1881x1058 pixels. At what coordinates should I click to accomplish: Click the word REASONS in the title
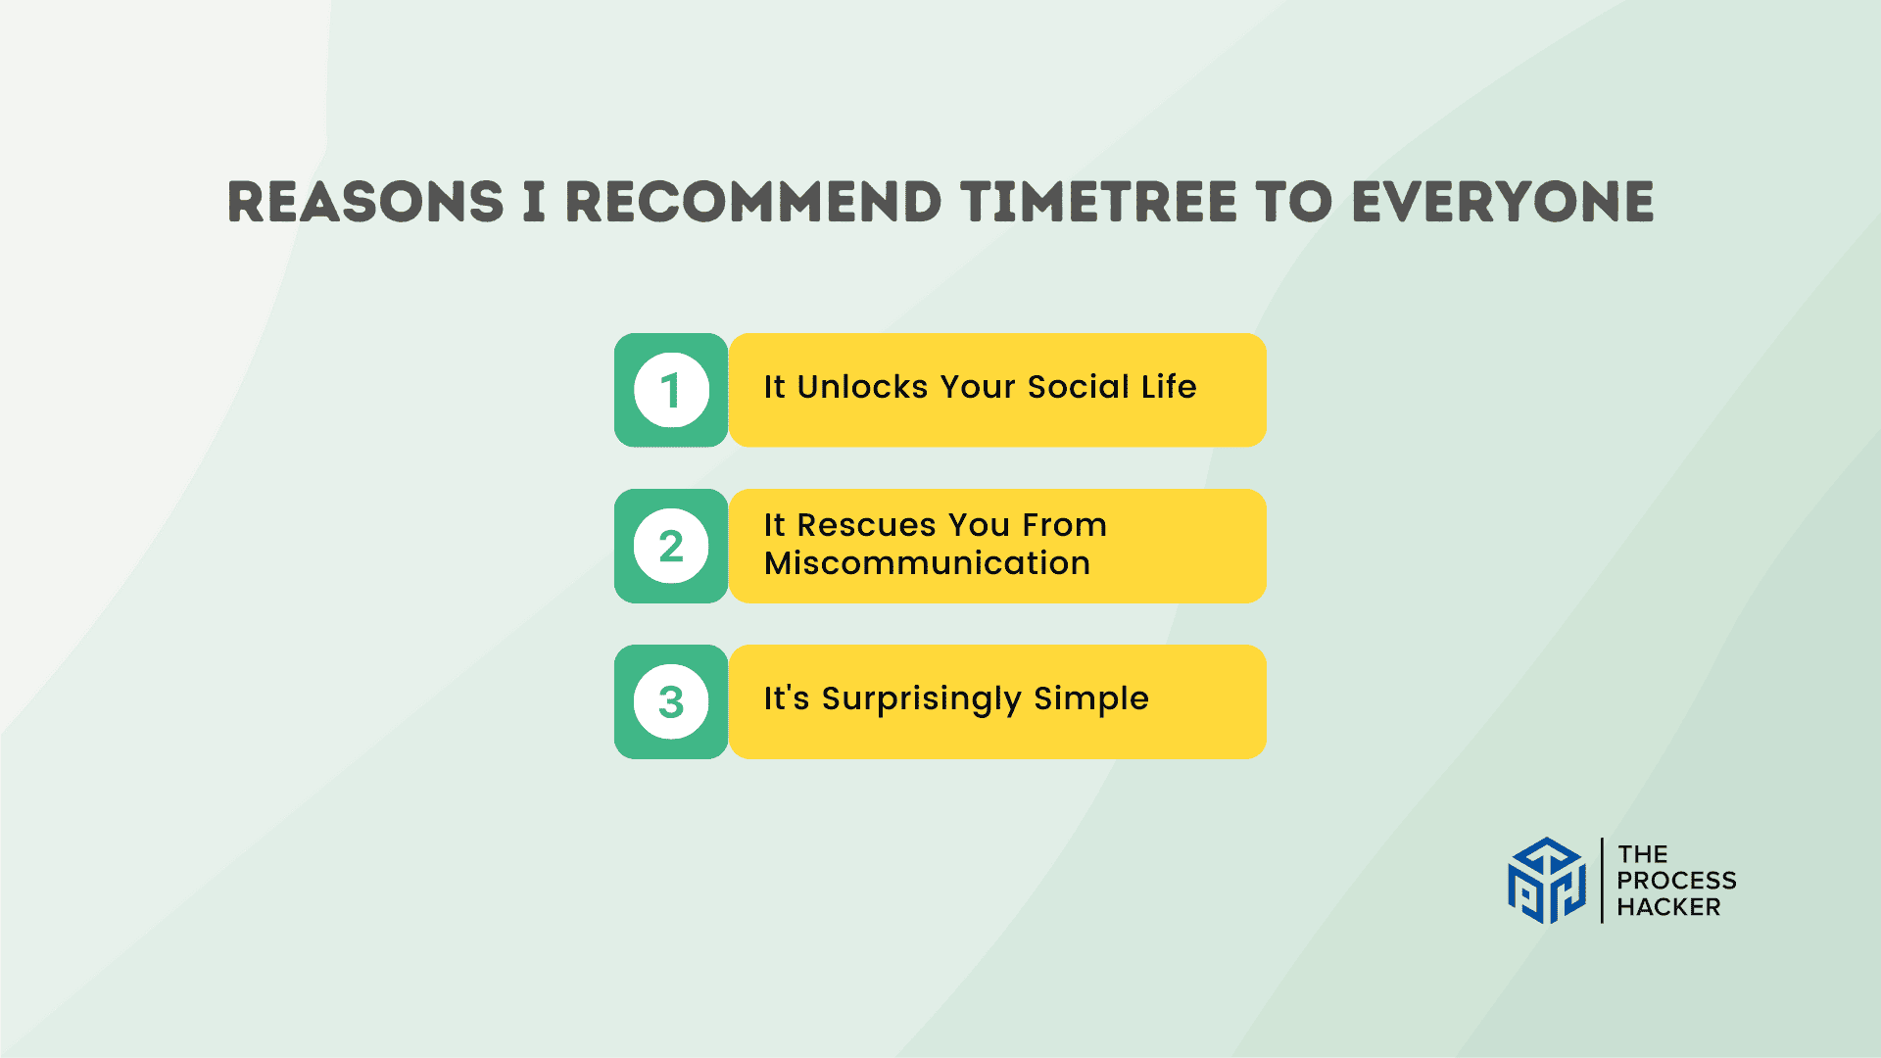pos(365,202)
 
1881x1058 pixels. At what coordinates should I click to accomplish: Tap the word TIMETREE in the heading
pos(1099,202)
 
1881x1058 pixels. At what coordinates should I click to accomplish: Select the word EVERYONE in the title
pos(1503,202)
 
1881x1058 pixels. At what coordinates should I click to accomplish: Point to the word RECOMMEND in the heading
pos(753,202)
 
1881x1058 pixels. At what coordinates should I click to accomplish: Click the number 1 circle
pos(671,390)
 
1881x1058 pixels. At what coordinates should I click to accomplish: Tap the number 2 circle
pos(671,546)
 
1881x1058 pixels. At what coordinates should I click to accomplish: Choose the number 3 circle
pos(671,701)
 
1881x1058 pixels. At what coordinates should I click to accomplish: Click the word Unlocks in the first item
pos(862,387)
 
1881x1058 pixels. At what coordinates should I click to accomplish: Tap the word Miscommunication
pos(927,563)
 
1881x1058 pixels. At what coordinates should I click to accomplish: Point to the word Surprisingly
pos(922,699)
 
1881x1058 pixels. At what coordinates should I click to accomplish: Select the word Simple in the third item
pos(1091,699)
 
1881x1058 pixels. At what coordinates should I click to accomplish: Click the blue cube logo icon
pos(1547,880)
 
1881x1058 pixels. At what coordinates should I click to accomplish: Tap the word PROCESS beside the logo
pos(1676,881)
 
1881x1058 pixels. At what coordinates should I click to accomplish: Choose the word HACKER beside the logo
pos(1668,907)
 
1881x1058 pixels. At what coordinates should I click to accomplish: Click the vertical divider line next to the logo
pos(1602,880)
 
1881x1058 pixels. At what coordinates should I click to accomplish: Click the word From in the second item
pos(1065,525)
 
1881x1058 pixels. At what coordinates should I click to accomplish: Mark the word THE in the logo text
pos(1643,854)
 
